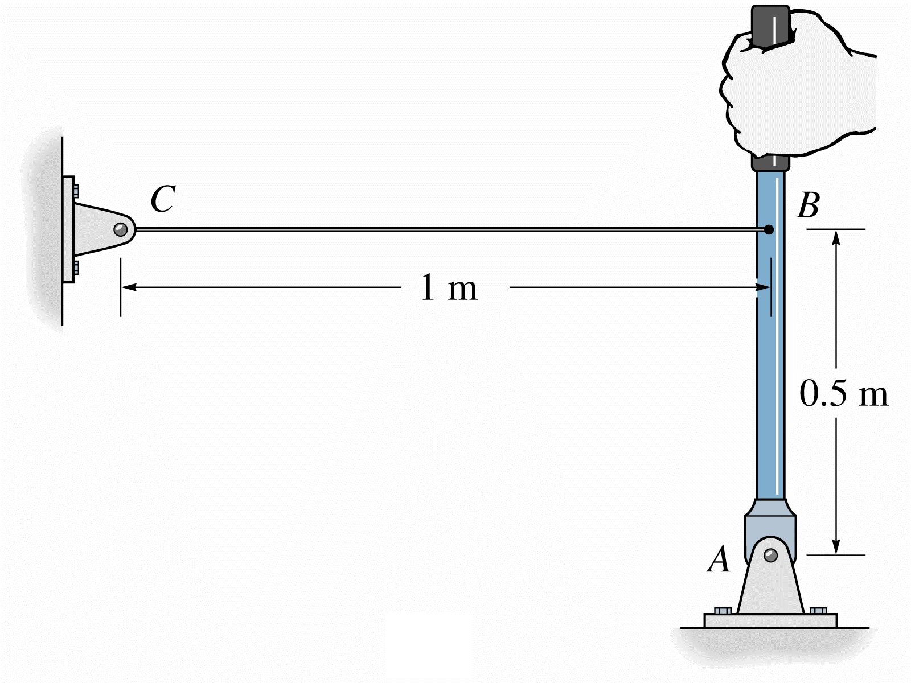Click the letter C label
tap(163, 199)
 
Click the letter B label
tap(809, 205)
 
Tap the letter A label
tap(719, 559)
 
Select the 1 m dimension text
tap(449, 288)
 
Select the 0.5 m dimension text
tap(843, 393)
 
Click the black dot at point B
tap(769, 230)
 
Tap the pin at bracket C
tap(120, 229)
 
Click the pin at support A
tap(770, 555)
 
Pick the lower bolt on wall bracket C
tap(76, 268)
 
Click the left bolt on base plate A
tap(723, 611)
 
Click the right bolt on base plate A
tap(818, 611)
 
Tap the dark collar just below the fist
tap(770, 163)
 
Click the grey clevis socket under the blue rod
tap(770, 521)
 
